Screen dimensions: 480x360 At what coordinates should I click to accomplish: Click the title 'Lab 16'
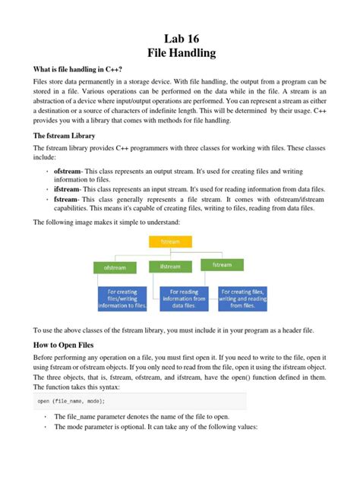click(179, 38)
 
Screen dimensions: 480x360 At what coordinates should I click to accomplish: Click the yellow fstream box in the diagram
click(169, 242)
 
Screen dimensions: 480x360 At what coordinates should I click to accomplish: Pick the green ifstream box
click(170, 267)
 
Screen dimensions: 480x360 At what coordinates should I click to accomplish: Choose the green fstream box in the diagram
click(222, 264)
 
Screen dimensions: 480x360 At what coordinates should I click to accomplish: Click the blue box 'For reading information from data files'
click(184, 299)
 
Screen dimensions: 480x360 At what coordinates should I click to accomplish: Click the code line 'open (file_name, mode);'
click(71, 401)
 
